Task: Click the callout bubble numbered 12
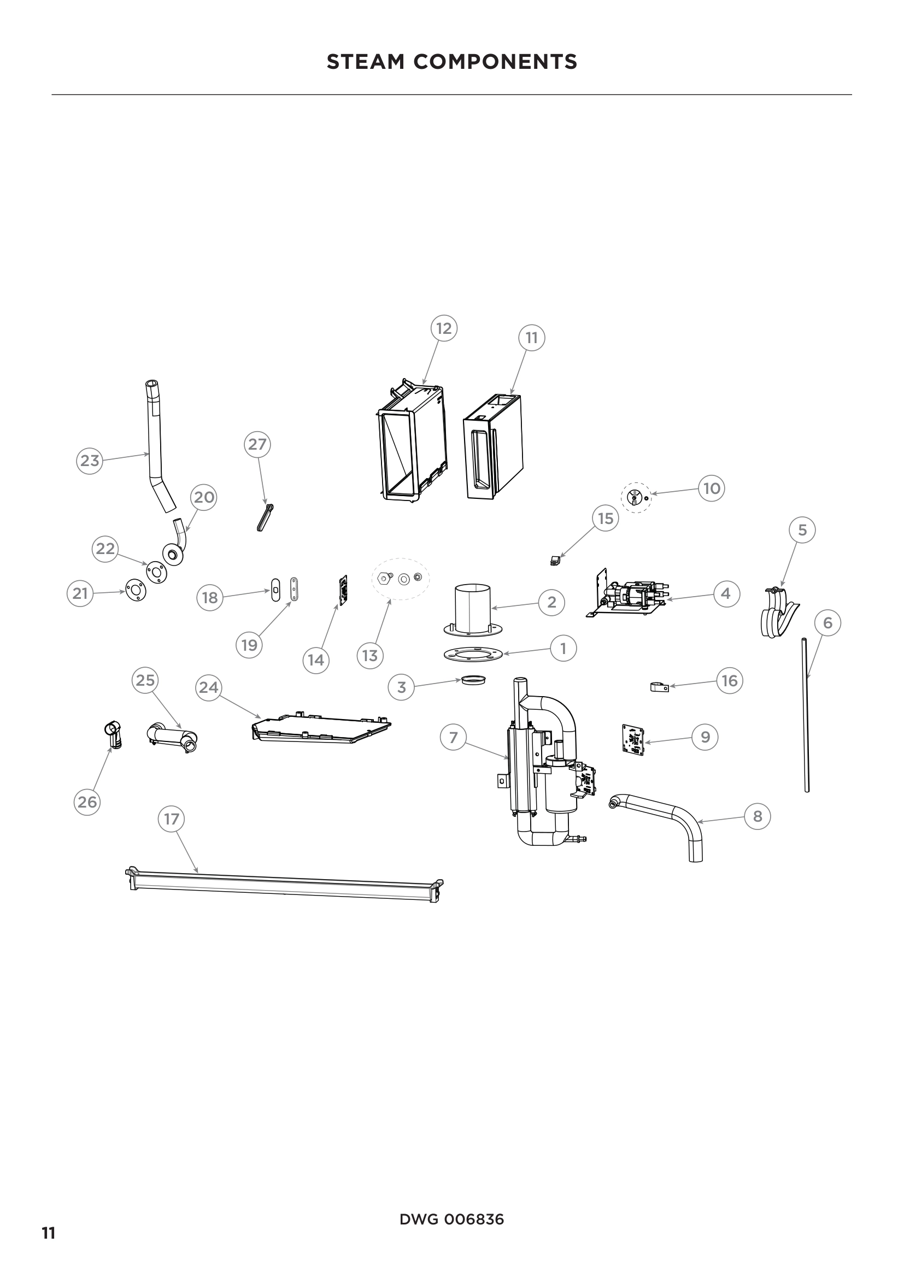tap(444, 328)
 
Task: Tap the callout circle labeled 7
tap(453, 738)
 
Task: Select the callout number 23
tap(89, 461)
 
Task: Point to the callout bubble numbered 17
tap(172, 819)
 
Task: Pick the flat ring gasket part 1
tap(473, 654)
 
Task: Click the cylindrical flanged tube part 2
tap(473, 610)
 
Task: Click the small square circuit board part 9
tap(633, 739)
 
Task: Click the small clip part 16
tap(659, 687)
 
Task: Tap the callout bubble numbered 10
tap(712, 488)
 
